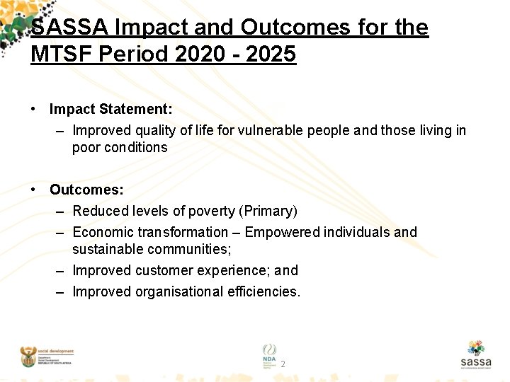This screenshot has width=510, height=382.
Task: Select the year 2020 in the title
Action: coord(198,54)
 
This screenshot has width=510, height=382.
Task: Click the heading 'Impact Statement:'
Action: coord(110,110)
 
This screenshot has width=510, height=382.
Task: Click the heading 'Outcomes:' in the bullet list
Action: coord(86,190)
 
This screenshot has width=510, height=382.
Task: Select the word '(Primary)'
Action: coord(268,211)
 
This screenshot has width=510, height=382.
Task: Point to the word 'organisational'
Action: coord(177,291)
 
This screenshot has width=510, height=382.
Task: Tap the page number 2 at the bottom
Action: coord(283,364)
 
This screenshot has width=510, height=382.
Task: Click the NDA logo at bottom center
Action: coord(270,354)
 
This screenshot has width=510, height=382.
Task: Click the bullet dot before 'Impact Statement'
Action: coord(33,110)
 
